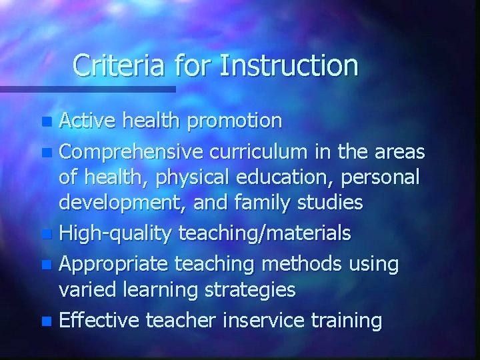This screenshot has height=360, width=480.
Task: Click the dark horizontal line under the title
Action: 87,89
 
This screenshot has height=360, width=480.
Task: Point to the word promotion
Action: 234,121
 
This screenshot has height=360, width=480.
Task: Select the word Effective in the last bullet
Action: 97,321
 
